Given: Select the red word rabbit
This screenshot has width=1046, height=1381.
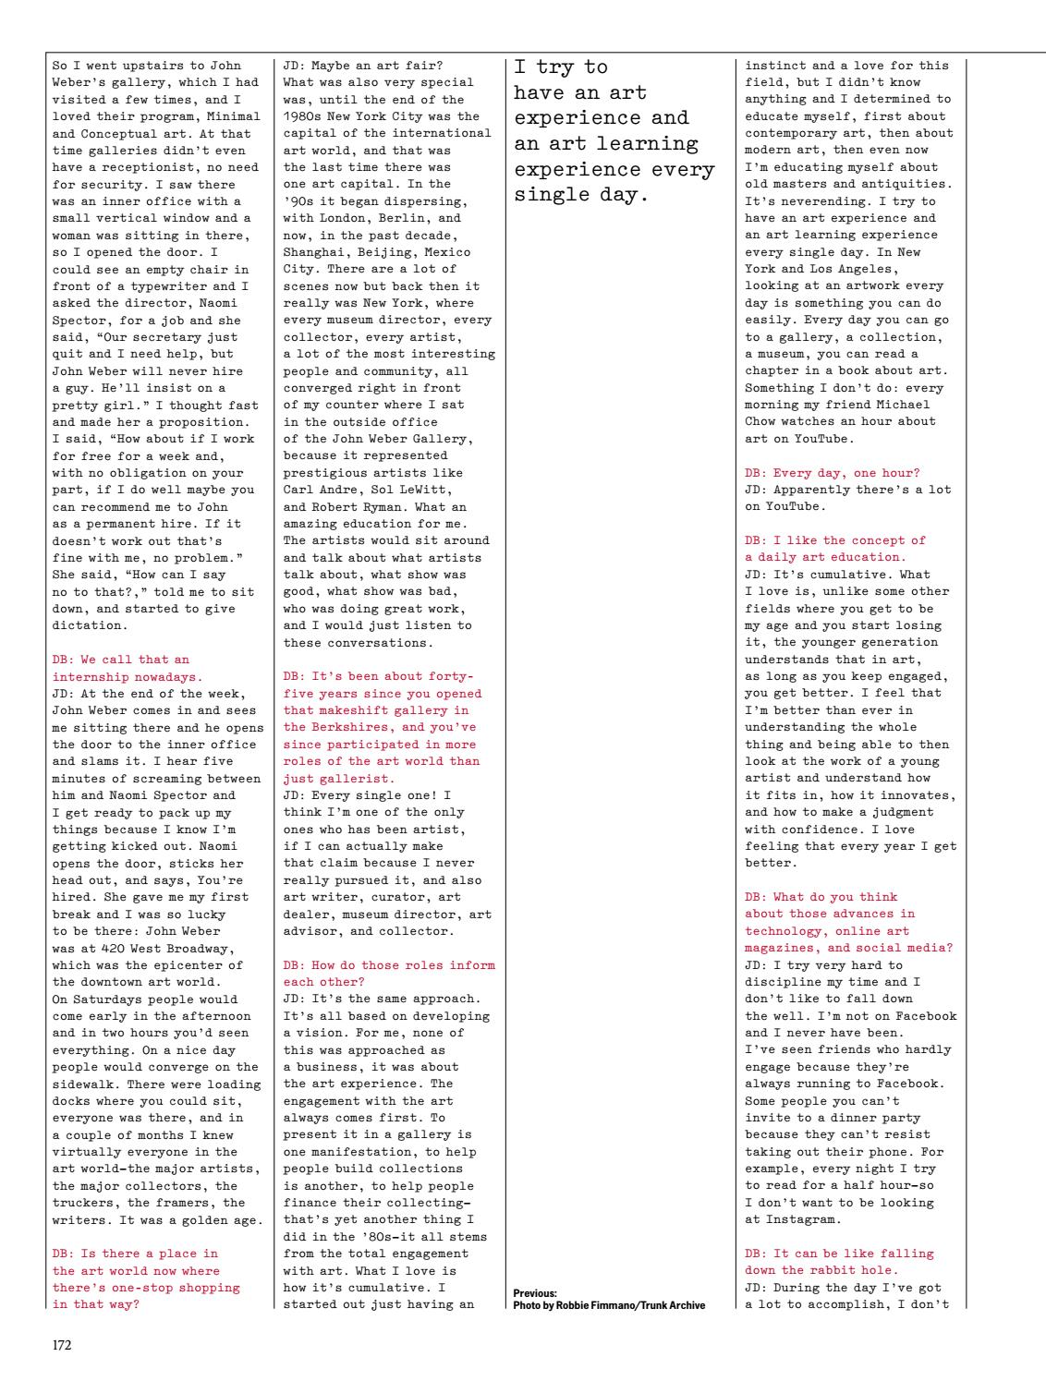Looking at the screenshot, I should pos(832,1269).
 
